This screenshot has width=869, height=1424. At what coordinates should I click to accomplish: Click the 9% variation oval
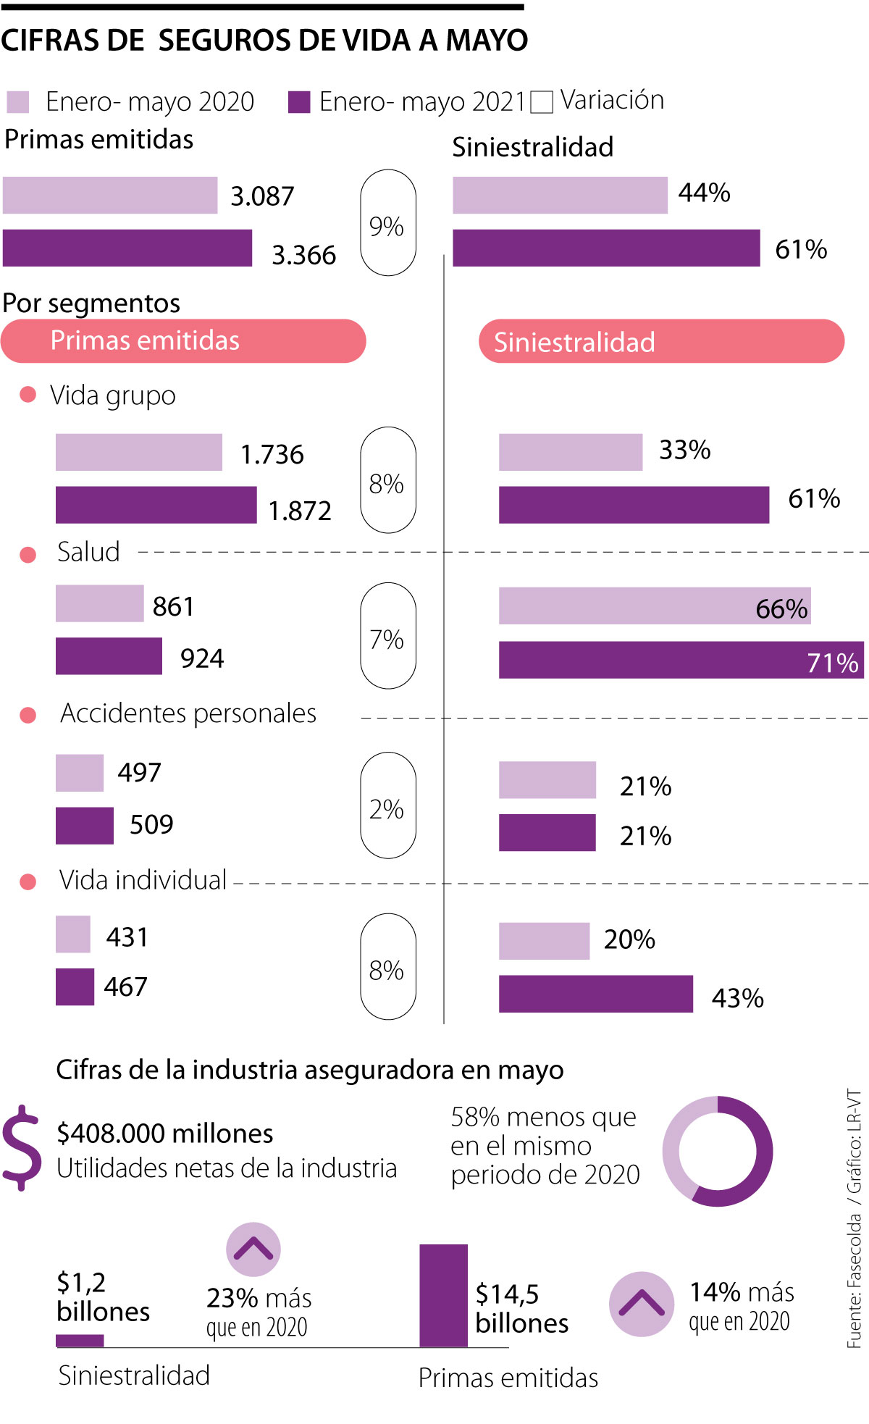click(x=387, y=223)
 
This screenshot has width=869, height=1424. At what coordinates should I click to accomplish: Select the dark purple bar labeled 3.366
click(x=127, y=248)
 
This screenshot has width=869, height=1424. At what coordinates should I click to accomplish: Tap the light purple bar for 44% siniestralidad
click(x=560, y=196)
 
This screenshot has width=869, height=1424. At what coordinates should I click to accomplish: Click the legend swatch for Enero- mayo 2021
click(x=299, y=102)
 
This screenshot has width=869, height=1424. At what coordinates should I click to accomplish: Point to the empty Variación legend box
click(x=542, y=102)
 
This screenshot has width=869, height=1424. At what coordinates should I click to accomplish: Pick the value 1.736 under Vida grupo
click(x=272, y=455)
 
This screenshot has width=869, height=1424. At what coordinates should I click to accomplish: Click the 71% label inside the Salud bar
click(x=832, y=663)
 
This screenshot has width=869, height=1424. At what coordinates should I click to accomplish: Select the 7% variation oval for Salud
click(x=387, y=636)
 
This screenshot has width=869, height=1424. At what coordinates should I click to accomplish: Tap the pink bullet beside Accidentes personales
click(x=28, y=716)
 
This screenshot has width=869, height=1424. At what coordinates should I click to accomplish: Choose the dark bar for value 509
click(x=85, y=826)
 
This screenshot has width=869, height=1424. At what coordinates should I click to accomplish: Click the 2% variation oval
click(x=387, y=805)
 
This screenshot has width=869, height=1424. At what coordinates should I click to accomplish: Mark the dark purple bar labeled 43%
click(x=595, y=994)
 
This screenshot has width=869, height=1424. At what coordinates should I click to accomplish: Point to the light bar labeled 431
click(x=73, y=934)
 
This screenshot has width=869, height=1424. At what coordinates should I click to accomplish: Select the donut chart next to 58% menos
click(x=717, y=1152)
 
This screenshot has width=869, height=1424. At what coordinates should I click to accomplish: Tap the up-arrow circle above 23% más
click(x=253, y=1249)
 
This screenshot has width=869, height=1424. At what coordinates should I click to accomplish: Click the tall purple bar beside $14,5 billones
click(x=443, y=1296)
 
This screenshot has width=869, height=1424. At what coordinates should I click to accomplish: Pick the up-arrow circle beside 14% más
click(x=642, y=1304)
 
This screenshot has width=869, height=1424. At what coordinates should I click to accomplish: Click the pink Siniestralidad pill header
click(x=661, y=341)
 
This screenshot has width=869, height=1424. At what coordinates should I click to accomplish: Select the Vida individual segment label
click(x=143, y=880)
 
